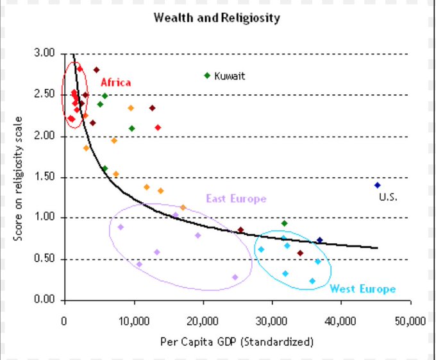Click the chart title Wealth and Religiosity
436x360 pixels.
pyautogui.click(x=217, y=18)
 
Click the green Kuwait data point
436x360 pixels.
pyautogui.click(x=206, y=76)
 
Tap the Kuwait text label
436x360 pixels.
pyautogui.click(x=230, y=76)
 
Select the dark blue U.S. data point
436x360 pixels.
pyautogui.click(x=377, y=185)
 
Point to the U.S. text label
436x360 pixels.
pyautogui.click(x=388, y=198)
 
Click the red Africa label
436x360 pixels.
pyautogui.click(x=115, y=83)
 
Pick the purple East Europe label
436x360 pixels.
pyautogui.click(x=236, y=199)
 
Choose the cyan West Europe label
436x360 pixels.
pyautogui.click(x=362, y=289)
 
